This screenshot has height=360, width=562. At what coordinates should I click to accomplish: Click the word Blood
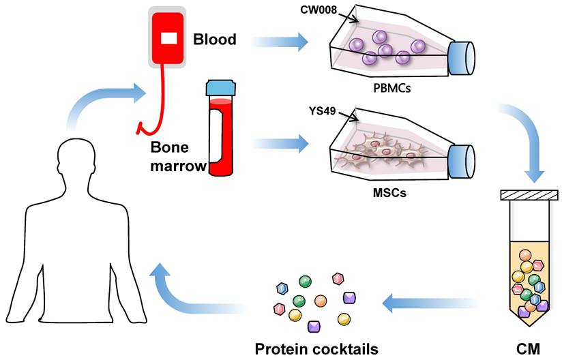point(215,40)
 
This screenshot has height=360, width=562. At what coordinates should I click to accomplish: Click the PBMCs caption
point(392,88)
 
